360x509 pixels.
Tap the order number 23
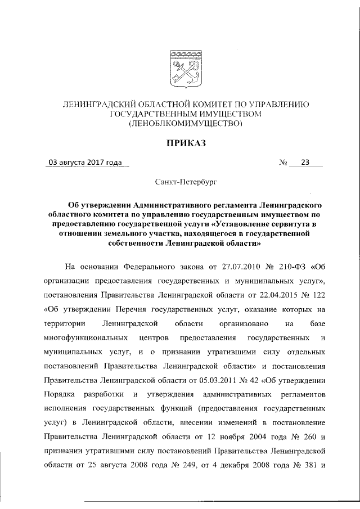coord(305,163)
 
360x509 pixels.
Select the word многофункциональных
coord(85,337)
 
